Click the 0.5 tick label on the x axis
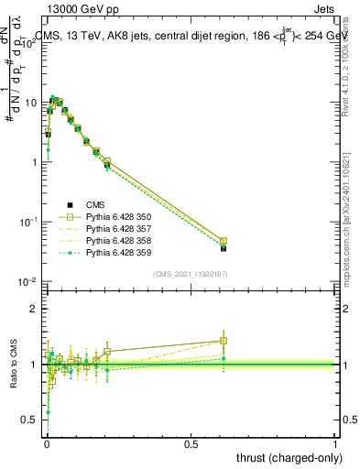pyautogui.click(x=191, y=442)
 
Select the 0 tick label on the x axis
pyautogui.click(x=47, y=442)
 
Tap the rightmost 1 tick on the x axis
pyautogui.click(x=335, y=442)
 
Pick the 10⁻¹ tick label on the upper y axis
pyautogui.click(x=31, y=222)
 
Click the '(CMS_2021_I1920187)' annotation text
pyautogui.click(x=191, y=274)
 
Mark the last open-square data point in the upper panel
pyautogui.click(x=224, y=241)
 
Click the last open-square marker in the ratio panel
pyautogui.click(x=224, y=341)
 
